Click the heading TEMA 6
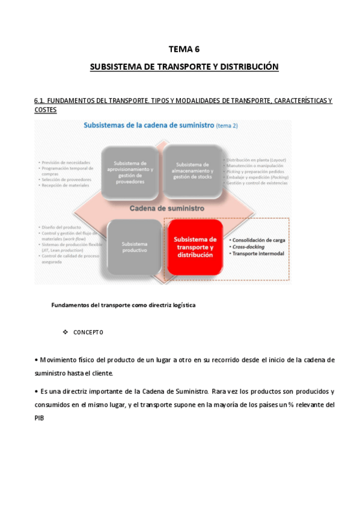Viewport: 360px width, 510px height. [184, 50]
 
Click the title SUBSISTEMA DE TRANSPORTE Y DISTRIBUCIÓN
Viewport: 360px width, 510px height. [184, 67]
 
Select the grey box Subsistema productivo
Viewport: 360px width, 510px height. [134, 247]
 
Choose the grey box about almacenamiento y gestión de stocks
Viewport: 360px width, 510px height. [192, 171]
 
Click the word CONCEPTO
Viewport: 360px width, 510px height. [88, 332]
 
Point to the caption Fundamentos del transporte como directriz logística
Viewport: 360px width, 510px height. [123, 305]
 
